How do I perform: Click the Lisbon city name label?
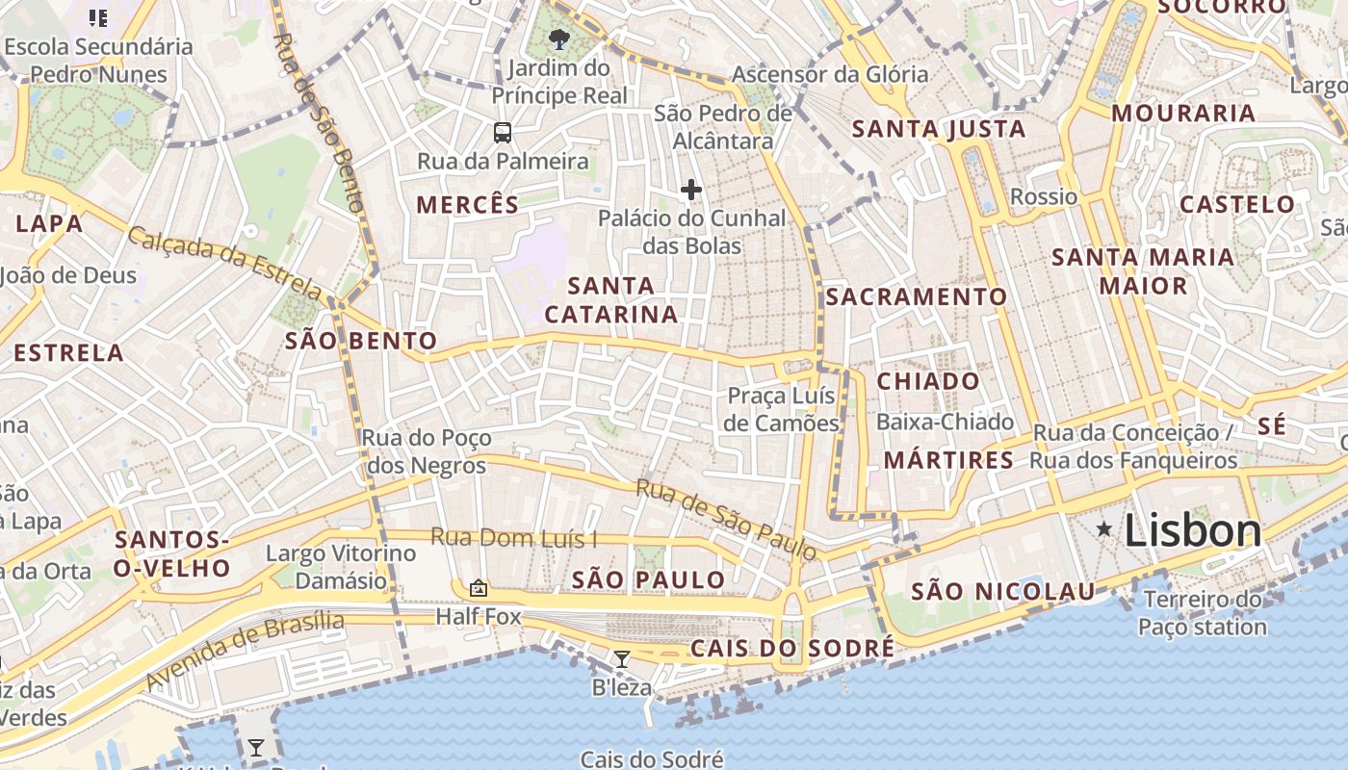[1192, 531]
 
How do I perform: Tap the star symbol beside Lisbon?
[1103, 528]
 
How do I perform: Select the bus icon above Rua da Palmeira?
[502, 133]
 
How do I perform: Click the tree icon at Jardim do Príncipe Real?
[557, 39]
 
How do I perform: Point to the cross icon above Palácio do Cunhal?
[690, 190]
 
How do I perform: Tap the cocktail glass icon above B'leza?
[622, 659]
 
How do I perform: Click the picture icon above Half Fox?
[478, 587]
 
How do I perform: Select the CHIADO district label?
[928, 381]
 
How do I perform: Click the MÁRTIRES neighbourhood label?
[948, 460]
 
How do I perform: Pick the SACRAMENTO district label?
[916, 297]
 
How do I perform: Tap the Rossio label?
[1044, 197]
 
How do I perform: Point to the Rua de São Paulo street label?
[726, 520]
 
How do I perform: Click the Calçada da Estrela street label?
[226, 262]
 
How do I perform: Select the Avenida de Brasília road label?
[245, 650]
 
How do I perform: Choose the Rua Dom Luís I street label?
[513, 538]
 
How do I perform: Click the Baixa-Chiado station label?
[945, 422]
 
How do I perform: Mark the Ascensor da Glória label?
[830, 74]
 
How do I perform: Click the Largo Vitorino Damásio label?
[341, 567]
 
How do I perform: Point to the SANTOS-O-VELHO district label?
[171, 554]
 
